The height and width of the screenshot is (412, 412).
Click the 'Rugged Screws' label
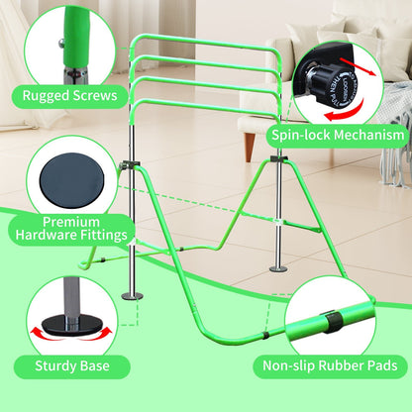[69, 96]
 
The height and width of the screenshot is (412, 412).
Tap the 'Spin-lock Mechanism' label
[338, 135]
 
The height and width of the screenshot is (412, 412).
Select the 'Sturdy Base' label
[72, 365]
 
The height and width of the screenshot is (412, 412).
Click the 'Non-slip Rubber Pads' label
[330, 365]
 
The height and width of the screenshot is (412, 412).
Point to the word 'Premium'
[71, 222]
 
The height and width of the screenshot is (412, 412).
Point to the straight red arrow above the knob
[358, 66]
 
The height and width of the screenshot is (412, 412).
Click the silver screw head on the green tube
[61, 43]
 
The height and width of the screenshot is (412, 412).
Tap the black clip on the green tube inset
[331, 321]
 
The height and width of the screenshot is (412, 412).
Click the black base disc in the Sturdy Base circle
[71, 324]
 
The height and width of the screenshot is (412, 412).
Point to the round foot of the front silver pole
[133, 296]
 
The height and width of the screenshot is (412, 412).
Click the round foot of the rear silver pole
[278, 269]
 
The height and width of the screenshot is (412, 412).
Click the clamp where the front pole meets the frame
[130, 164]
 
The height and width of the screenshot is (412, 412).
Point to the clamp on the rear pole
[279, 158]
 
